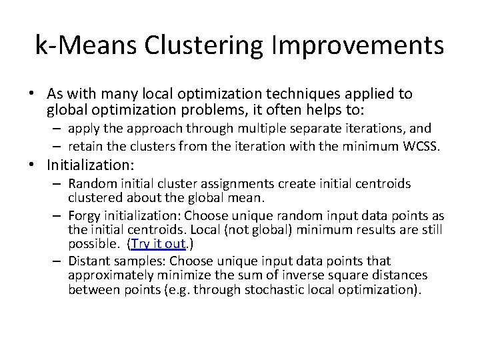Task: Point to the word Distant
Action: tap(89, 261)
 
